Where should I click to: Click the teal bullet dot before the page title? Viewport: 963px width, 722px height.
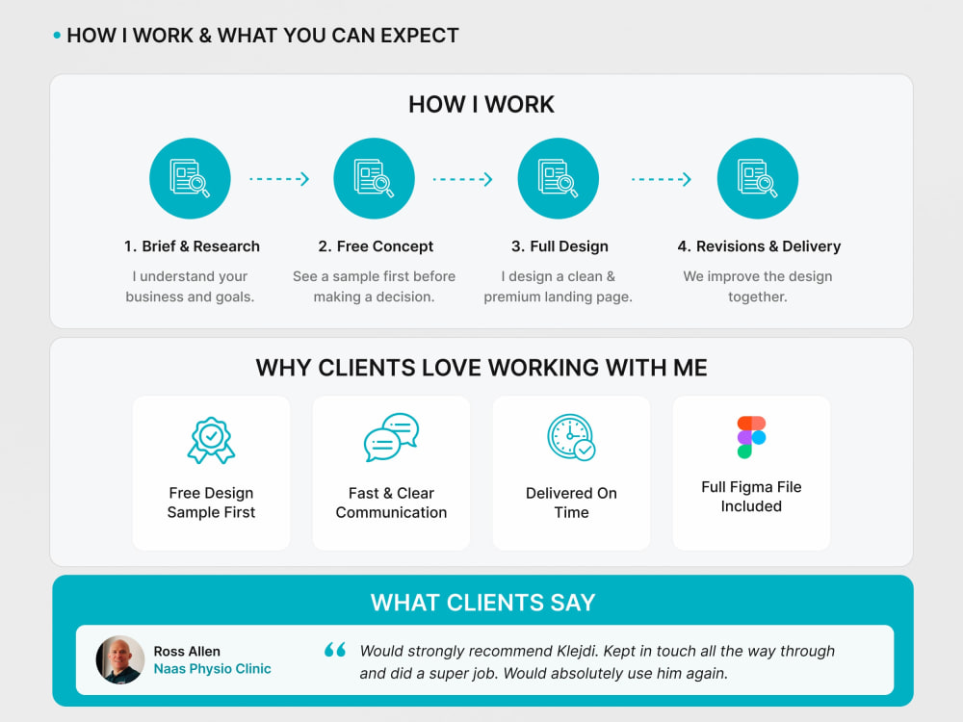(57, 36)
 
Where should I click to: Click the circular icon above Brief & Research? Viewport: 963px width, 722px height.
(190, 179)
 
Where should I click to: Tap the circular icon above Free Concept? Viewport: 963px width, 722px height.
(374, 179)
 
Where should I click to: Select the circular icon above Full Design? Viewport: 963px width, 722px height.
(559, 179)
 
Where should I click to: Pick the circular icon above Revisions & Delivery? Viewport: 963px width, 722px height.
(758, 179)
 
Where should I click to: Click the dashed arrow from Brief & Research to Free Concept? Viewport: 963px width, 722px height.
(279, 179)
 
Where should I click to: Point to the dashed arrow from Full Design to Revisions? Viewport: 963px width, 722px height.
(662, 179)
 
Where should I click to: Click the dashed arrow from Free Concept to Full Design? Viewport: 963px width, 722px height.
(462, 179)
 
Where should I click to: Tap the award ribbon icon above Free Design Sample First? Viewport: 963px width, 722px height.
(211, 440)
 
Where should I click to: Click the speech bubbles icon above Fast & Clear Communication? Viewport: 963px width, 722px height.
(391, 437)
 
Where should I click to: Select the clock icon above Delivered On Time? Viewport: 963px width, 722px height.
(571, 437)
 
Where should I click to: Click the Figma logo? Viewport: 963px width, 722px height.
(752, 437)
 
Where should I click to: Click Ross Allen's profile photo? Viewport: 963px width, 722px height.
(119, 660)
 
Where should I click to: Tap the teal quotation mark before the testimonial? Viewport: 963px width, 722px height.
(335, 650)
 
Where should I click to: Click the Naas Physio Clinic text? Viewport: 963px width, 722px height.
(212, 669)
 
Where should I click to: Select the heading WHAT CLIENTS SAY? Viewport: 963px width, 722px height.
(482, 603)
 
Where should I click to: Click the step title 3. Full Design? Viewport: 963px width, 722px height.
(560, 246)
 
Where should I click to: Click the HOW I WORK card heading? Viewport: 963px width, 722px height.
(481, 104)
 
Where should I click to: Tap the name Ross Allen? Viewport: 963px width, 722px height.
(187, 651)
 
